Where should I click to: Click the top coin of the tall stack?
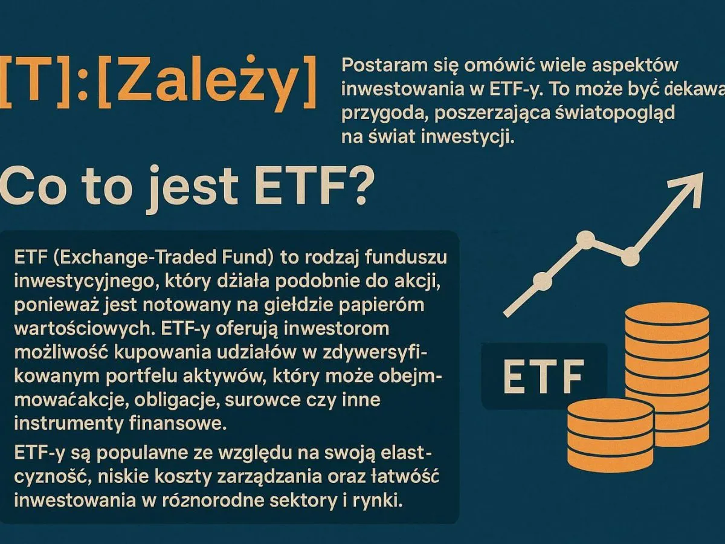(666, 314)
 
